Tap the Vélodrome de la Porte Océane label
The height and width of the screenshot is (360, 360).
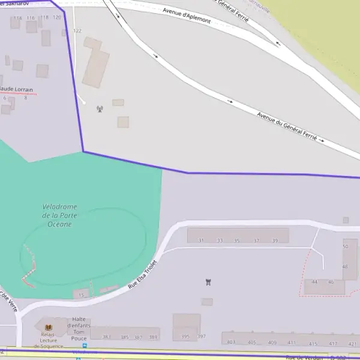coord(59,215)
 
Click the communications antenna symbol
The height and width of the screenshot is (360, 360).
coord(100,109)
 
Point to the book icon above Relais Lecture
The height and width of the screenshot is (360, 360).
coord(49,327)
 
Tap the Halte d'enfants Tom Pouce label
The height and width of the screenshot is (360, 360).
coord(80,328)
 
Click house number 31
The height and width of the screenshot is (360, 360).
coord(202,241)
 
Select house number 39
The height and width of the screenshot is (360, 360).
coord(275,241)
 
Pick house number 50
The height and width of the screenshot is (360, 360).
coord(345,247)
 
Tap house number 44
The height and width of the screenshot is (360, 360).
coord(314,281)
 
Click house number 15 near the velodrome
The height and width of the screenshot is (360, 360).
coord(82,295)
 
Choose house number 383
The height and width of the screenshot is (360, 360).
coord(107,337)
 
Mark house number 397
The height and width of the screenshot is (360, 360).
coord(202,337)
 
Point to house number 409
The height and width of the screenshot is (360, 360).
coord(272,343)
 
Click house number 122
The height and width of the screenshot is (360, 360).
coord(77,31)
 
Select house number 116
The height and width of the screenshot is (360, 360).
coord(31,18)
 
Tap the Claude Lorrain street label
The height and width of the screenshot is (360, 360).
coord(16,89)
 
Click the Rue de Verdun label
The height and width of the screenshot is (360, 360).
coord(304,357)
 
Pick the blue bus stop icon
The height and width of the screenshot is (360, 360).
coord(85,346)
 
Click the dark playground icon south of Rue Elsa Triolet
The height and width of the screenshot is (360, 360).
coord(208,281)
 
